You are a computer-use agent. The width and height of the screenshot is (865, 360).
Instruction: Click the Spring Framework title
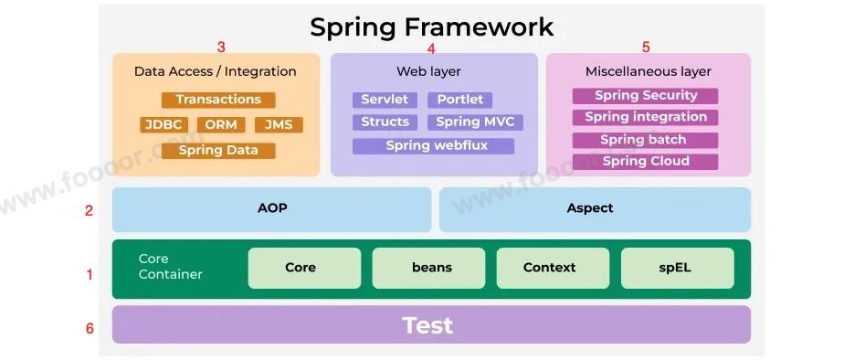[x=431, y=26]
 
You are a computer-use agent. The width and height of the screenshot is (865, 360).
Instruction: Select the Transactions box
[x=218, y=100]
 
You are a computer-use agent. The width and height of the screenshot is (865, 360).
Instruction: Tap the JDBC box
[x=164, y=124]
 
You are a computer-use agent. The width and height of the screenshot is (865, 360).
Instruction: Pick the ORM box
[x=220, y=124]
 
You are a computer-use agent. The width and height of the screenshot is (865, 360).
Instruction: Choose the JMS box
[x=278, y=124]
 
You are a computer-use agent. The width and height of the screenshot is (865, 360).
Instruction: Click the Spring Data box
[x=218, y=150]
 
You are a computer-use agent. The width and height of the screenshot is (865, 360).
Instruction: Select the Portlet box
[x=460, y=100]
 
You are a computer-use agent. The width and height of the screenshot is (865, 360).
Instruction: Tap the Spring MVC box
[x=474, y=122]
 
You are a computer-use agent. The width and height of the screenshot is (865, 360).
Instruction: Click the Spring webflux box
[x=433, y=145]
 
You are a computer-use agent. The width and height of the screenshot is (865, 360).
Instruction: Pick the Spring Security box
[x=645, y=95]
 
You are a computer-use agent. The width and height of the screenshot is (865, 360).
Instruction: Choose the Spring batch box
[x=645, y=140]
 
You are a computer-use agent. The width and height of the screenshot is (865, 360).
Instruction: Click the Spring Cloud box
[x=645, y=161]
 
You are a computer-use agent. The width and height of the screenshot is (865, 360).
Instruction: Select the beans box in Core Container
[x=432, y=268]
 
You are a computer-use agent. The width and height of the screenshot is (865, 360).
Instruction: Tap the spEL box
[x=677, y=268]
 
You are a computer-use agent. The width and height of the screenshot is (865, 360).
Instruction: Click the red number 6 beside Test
[x=90, y=328]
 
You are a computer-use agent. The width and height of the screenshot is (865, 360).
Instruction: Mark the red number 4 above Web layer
[x=431, y=48]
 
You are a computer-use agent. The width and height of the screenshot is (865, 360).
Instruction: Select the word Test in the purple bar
[x=427, y=325]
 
